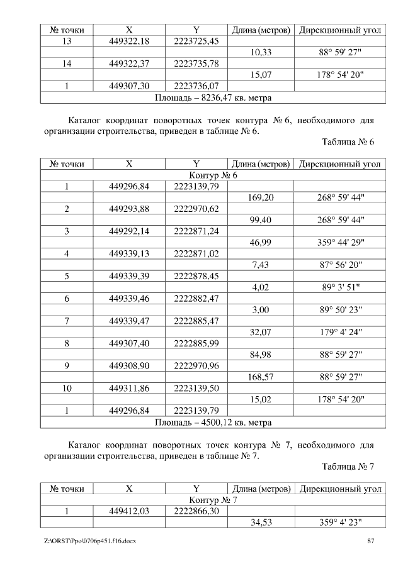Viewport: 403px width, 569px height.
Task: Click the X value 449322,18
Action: coord(128,41)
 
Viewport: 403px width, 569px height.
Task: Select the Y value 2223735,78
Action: coord(196,64)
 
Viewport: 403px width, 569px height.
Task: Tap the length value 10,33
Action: coord(261,53)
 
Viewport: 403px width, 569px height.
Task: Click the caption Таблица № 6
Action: coord(348,142)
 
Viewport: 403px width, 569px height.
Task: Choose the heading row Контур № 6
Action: coord(213,175)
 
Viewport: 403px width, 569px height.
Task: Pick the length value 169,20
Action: coord(261,197)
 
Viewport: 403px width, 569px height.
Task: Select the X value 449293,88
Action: coord(128,209)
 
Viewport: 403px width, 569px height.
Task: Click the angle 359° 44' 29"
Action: coord(341,242)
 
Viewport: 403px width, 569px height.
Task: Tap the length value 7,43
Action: coord(261,265)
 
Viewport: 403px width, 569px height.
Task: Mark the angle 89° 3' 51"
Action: coord(341,287)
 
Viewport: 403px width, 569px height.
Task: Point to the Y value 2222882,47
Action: coord(196,299)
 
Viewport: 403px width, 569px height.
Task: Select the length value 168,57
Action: coord(261,377)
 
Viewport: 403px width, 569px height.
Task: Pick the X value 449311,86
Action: coord(128,389)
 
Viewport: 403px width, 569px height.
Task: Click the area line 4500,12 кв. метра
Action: coord(213,422)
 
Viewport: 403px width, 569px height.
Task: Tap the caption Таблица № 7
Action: coord(348,467)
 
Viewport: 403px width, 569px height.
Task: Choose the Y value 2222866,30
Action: coord(196,511)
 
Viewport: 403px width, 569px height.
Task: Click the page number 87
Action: coord(371,541)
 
